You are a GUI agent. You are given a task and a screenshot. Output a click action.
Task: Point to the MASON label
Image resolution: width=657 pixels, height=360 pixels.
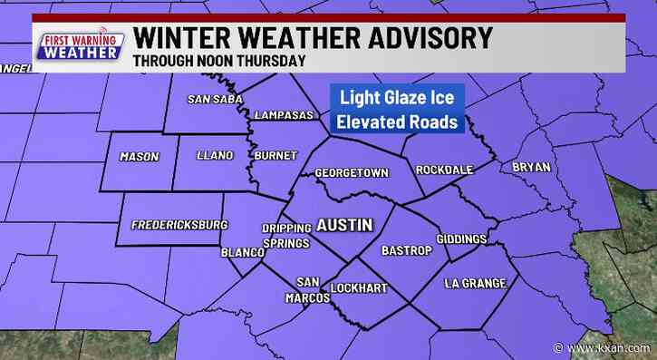139,157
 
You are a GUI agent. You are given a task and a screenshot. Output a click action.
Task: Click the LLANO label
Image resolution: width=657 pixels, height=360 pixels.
215,157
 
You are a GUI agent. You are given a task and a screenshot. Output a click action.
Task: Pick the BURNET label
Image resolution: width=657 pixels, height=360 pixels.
275,156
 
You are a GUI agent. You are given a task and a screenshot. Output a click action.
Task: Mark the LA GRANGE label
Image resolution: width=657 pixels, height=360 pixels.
475,284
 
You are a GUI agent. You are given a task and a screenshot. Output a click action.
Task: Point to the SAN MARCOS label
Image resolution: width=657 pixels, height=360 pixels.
309,289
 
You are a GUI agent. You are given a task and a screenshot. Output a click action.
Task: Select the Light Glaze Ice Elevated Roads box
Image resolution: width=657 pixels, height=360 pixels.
398,110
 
